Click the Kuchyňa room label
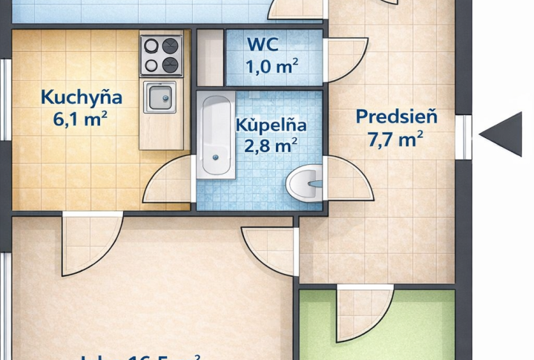(x=82, y=97)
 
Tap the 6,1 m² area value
(x=82, y=119)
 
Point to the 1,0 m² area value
(x=271, y=67)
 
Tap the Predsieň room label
(x=396, y=117)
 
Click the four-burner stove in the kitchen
(x=161, y=55)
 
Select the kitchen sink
(x=159, y=97)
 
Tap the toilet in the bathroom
(x=305, y=183)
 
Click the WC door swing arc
(x=345, y=59)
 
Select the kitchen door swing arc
(x=167, y=180)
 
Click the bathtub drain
(x=216, y=157)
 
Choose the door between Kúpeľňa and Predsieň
(x=348, y=178)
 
